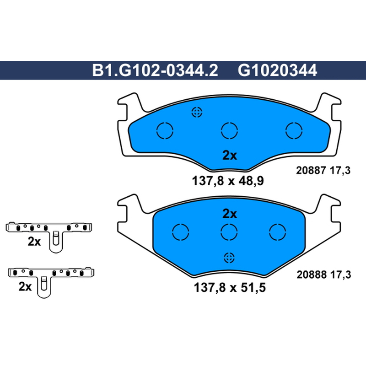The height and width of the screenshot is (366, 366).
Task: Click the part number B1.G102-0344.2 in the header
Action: tap(155, 70)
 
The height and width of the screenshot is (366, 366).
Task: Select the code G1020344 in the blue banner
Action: tap(277, 70)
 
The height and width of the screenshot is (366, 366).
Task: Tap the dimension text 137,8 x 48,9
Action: tap(228, 181)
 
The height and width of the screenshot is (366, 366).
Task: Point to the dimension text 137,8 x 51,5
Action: tap(230, 288)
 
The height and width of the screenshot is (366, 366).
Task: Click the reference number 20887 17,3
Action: tap(323, 171)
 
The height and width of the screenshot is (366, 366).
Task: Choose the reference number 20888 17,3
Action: tap(324, 275)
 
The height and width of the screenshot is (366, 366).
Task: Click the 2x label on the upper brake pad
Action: tap(230, 155)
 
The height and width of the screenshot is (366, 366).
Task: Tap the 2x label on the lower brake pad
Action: tap(230, 214)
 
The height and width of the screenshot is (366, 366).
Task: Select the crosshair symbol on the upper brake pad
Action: tap(197, 113)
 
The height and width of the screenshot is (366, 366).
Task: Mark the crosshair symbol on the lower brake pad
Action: tap(229, 258)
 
